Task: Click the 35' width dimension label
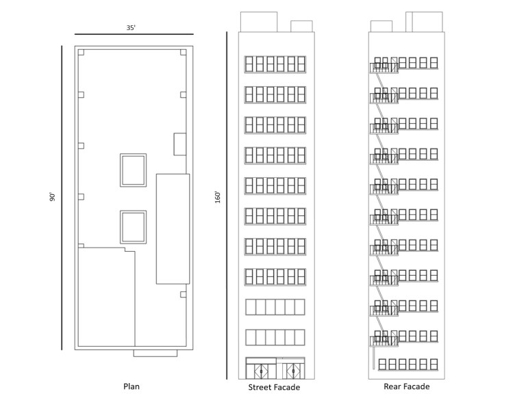131,28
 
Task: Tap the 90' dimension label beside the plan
52,197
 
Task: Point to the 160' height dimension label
218,197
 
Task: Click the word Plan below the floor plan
131,386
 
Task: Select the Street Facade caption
274,387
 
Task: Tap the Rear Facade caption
407,386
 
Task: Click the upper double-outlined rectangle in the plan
133,154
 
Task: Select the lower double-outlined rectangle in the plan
133,211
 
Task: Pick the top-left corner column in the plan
81,52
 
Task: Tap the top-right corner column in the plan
183,52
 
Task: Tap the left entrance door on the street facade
262,371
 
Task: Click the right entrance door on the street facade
293,371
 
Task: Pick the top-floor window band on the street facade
275,64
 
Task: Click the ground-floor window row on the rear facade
408,365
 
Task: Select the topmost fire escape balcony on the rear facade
384,68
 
